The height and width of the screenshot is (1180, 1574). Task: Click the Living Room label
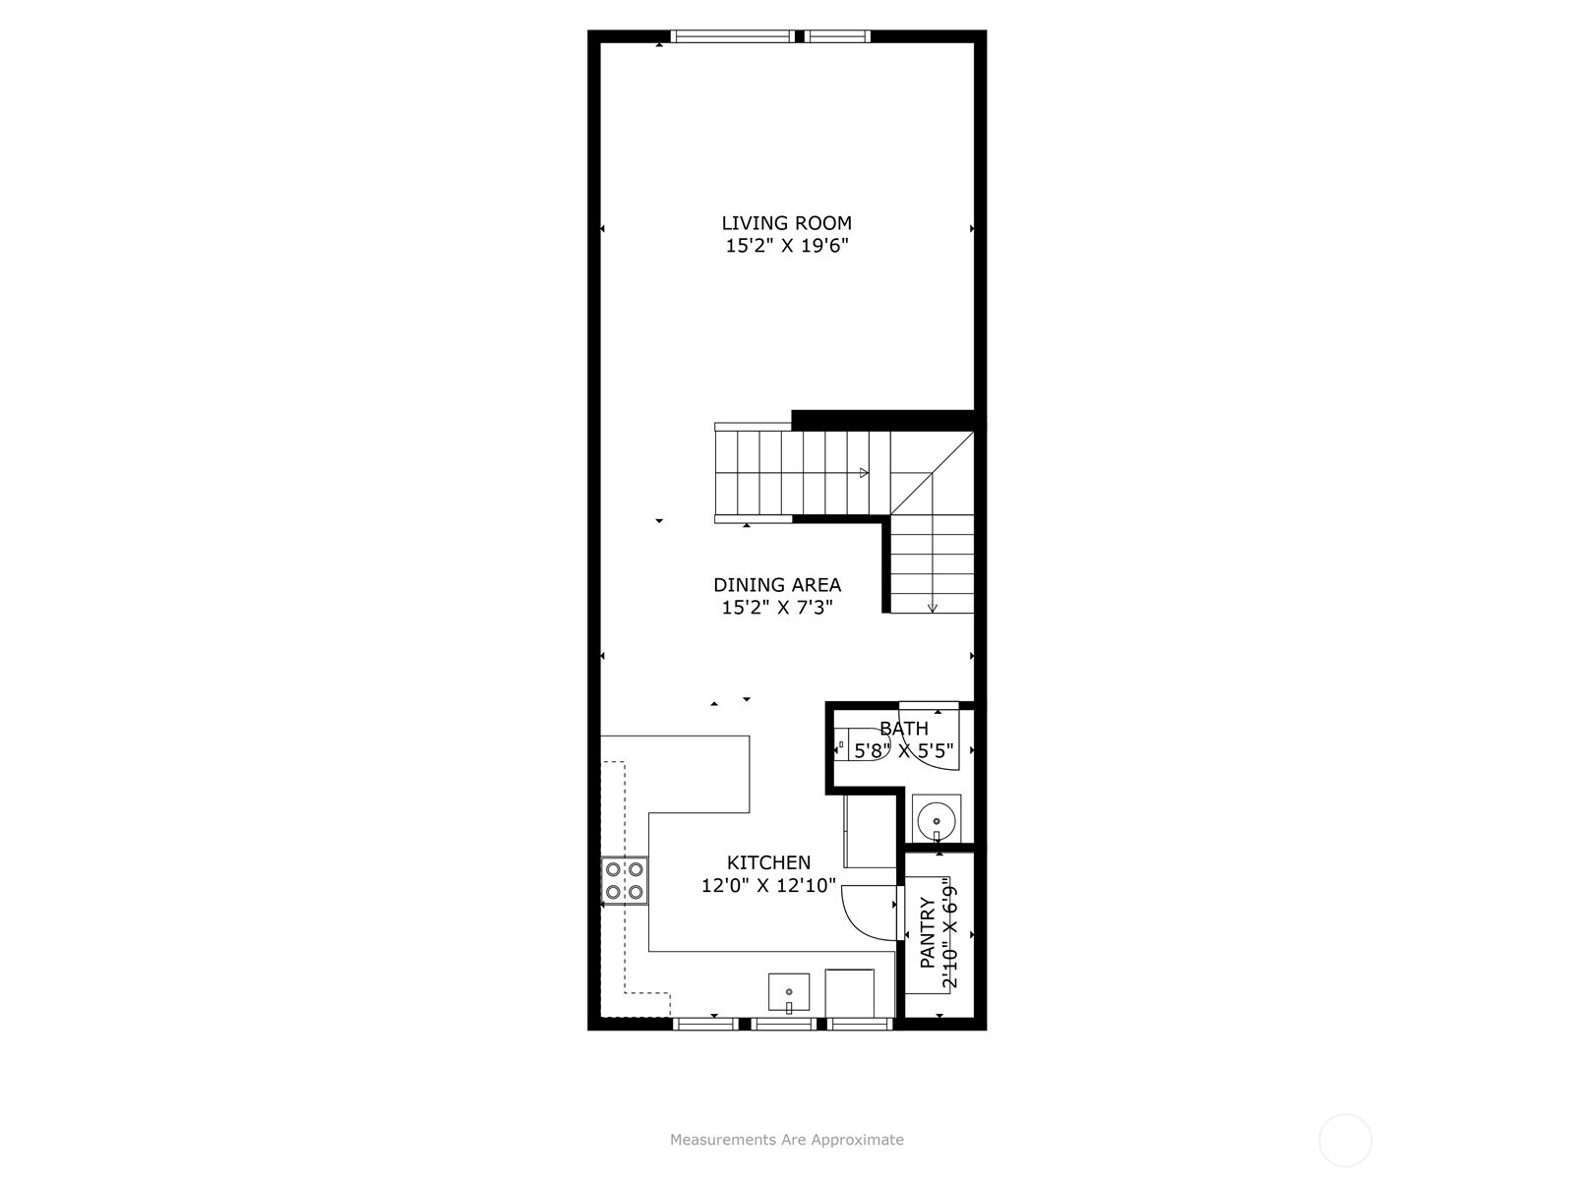coord(786,223)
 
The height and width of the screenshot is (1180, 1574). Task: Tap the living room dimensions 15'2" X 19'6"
coord(786,246)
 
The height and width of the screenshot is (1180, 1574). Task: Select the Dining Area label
coord(777,585)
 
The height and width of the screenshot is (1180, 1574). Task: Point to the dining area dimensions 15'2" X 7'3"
coord(777,608)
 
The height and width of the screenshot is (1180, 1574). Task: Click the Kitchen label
coord(768,862)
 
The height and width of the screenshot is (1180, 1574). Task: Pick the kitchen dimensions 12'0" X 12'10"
coord(768,885)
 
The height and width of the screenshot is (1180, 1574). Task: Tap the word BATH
coord(903,729)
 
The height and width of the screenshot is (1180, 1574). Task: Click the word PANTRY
coord(927,932)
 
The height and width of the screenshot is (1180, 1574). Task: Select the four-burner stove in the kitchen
coord(625,880)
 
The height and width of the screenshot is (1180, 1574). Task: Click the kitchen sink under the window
coord(789,993)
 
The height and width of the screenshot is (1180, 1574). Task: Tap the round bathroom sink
coord(937,818)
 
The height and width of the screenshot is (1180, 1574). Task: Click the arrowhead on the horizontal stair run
coord(864,473)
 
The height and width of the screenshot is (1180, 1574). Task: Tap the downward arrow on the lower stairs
coord(933,607)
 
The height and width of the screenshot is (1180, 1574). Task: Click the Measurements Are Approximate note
coord(786,1140)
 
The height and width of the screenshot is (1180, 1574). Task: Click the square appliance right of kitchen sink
coord(849,992)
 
